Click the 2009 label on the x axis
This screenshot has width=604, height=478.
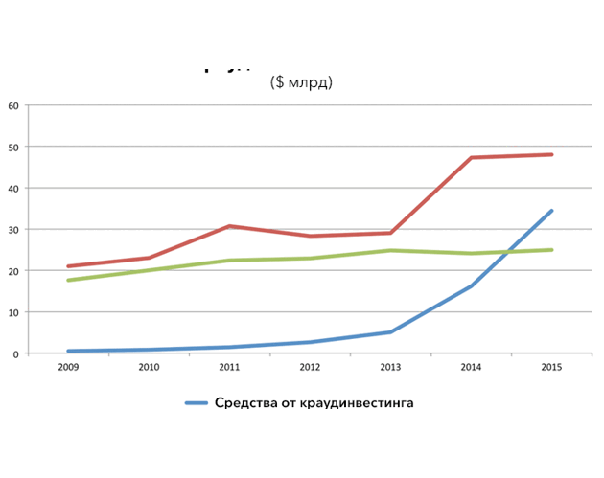(69, 366)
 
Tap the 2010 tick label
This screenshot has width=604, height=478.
(150, 366)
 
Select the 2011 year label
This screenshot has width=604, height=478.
(230, 366)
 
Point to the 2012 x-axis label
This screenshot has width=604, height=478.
(311, 366)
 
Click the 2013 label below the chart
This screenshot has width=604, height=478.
(390, 366)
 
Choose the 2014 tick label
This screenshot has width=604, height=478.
(471, 366)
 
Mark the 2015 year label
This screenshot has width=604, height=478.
(551, 366)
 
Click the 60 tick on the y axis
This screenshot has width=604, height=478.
(13, 105)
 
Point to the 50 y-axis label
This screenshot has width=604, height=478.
(13, 147)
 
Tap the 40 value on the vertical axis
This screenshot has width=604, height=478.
(13, 188)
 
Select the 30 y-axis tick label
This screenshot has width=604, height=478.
(13, 230)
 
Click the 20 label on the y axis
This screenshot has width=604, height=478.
(13, 271)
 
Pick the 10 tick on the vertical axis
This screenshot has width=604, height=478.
(13, 312)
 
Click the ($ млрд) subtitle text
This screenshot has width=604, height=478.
(301, 83)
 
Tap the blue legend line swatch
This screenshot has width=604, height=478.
(195, 403)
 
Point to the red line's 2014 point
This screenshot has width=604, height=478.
(472, 157)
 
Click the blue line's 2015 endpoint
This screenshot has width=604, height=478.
(551, 211)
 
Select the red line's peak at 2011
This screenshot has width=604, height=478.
(230, 226)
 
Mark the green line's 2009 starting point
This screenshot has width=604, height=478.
(69, 280)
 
